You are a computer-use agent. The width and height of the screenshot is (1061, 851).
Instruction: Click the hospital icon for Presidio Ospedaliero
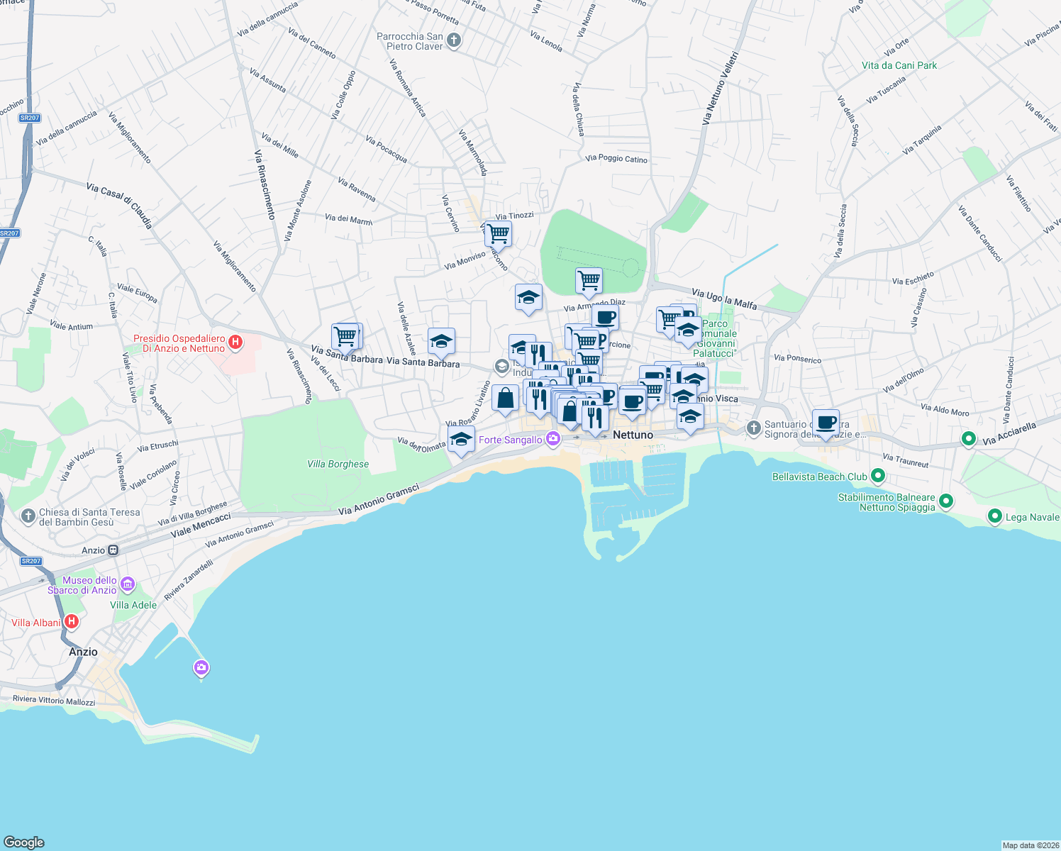pos(235,343)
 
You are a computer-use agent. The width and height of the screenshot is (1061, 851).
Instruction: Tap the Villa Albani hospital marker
pos(71,622)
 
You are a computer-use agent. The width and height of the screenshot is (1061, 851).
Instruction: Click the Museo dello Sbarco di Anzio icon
pos(128,584)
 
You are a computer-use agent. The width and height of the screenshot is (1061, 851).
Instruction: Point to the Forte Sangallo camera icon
pos(553,440)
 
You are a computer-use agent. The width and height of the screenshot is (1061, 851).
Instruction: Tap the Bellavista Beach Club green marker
pos(878,476)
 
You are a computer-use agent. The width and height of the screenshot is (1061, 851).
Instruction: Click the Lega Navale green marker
pos(994,516)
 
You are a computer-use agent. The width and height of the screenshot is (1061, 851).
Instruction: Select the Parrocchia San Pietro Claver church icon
pos(454,41)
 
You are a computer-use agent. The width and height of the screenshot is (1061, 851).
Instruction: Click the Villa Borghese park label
pos(338,464)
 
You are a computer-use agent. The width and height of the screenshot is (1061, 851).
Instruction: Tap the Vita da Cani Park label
pos(899,65)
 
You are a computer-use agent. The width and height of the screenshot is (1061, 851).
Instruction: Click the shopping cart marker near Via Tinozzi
pos(499,233)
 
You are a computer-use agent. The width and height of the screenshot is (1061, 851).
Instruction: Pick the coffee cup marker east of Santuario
pos(826,423)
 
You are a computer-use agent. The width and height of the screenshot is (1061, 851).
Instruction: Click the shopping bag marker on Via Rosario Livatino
pos(505,398)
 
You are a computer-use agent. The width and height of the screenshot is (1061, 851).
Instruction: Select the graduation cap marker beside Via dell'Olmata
pos(461,439)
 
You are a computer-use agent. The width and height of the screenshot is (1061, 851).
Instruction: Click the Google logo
pos(23,842)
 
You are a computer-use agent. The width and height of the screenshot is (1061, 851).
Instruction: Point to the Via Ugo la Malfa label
pos(723,299)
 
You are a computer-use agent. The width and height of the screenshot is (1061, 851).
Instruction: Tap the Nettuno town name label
pos(633,435)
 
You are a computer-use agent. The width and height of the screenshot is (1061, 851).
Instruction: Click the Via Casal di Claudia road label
pos(119,206)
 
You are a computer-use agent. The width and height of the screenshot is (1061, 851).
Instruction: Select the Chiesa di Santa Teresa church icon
pos(28,516)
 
